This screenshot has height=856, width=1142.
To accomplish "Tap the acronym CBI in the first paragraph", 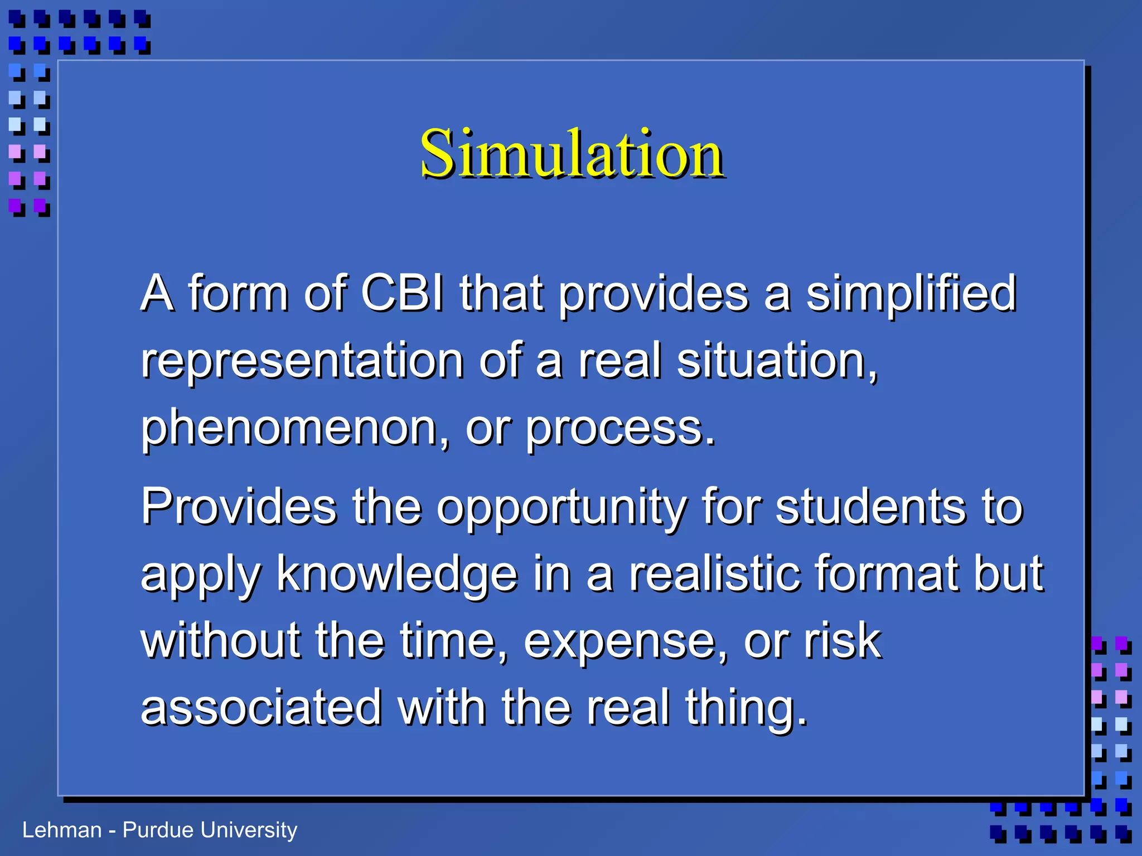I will (x=403, y=293).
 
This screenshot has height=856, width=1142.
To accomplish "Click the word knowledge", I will (x=397, y=575).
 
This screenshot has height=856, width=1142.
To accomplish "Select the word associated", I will (x=261, y=708).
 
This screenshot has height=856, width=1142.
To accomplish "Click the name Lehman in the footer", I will (x=62, y=830).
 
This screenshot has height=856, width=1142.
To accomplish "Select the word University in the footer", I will (x=249, y=830).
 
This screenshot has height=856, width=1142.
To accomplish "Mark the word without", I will (x=220, y=641).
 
